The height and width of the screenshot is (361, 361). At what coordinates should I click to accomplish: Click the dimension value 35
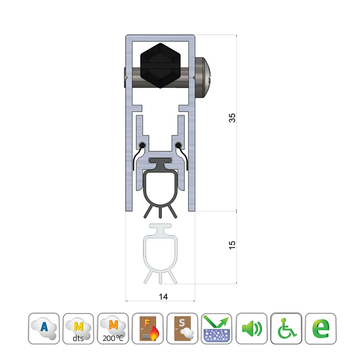coord(232,118)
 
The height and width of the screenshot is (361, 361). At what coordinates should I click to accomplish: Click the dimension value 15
coord(232,245)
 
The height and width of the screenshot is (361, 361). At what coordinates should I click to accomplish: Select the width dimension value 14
coord(163,296)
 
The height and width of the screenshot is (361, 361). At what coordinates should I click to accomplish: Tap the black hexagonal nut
coord(160,65)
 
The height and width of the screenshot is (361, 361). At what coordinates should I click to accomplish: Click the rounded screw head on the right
coord(203,78)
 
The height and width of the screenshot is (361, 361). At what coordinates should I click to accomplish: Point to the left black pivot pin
coord(142,145)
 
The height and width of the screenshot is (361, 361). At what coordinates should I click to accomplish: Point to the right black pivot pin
coord(178,145)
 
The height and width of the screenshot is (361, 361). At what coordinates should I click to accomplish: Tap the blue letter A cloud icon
coord(44,329)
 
